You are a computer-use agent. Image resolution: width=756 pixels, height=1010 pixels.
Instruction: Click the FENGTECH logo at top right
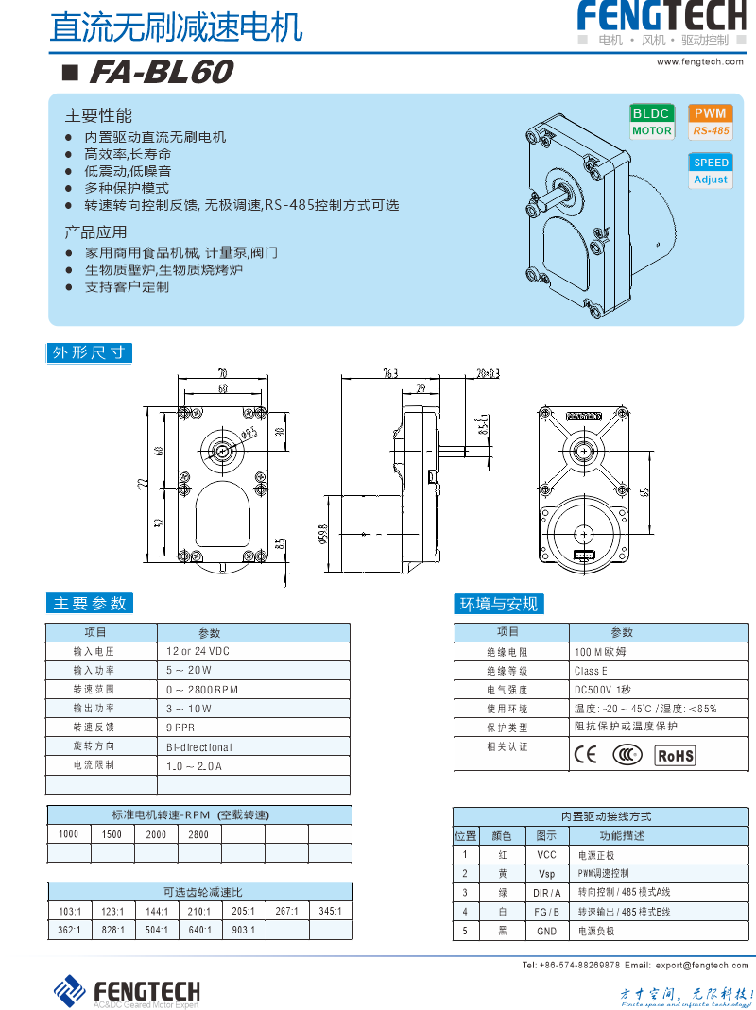[661, 18]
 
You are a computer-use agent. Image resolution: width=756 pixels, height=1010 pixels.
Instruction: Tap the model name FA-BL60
[160, 73]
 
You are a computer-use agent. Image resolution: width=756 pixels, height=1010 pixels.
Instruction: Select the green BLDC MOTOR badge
[651, 122]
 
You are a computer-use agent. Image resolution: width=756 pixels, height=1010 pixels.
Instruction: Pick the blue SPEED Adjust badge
[711, 171]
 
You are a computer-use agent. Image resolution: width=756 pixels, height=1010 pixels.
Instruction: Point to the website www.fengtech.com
[700, 61]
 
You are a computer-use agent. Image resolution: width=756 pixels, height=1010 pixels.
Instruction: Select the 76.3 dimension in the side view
[389, 372]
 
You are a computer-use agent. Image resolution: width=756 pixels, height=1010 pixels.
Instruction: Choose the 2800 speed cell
[198, 834]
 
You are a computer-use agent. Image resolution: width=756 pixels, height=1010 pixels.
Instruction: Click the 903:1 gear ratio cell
[243, 930]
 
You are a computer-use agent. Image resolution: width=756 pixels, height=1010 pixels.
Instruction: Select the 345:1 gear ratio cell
[330, 911]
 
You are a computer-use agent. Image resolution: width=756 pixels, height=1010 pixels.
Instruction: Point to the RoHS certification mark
[675, 755]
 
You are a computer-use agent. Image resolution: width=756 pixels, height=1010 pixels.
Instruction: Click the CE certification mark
[586, 755]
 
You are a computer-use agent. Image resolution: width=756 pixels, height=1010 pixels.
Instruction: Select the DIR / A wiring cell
[546, 892]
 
